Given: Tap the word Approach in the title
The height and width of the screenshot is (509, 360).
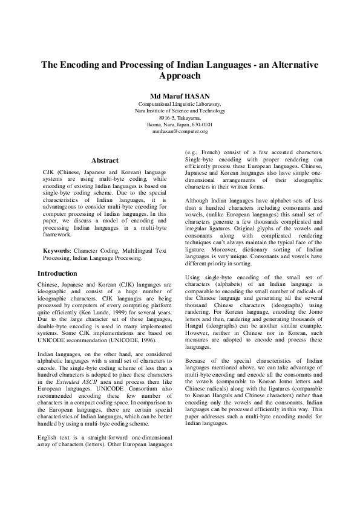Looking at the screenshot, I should pos(179,76).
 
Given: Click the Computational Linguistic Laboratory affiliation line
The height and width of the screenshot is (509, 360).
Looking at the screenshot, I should pos(179,104).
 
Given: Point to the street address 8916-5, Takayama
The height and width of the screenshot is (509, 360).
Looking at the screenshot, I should pos(180,117).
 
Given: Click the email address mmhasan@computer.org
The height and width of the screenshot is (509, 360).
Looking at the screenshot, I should pos(180,131).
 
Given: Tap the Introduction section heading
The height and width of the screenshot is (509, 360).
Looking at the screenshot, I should pos(61,273).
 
